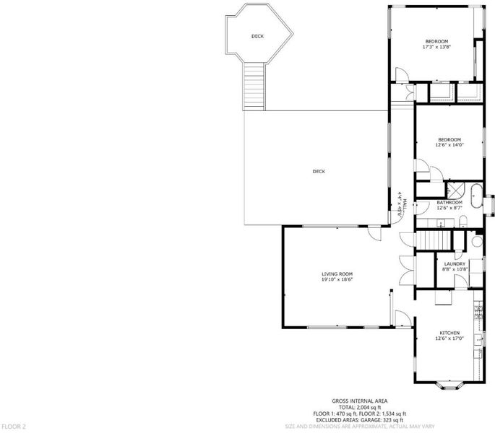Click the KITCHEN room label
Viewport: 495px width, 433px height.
[449, 333]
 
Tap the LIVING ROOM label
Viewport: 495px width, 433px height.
[337, 274]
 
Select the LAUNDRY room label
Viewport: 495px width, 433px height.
[455, 264]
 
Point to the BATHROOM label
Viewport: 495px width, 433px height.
[449, 203]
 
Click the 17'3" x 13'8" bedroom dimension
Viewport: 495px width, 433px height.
[436, 47]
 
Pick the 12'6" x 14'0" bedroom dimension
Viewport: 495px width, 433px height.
[449, 145]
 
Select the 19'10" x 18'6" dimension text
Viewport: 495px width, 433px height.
[337, 279]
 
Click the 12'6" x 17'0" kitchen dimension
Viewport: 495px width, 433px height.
[449, 338]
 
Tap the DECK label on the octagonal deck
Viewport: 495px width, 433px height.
[257, 36]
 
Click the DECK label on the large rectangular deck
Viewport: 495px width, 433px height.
[319, 172]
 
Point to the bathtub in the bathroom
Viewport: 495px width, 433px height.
[477, 196]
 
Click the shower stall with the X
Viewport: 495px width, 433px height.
[455, 189]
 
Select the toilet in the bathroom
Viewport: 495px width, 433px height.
[463, 222]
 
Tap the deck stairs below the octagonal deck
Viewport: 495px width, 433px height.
[254, 86]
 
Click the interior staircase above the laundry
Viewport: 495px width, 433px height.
[434, 240]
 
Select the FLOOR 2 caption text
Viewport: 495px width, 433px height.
[14, 427]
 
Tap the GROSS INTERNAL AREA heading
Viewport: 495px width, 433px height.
[360, 401]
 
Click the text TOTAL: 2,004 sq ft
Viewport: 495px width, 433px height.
[360, 408]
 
